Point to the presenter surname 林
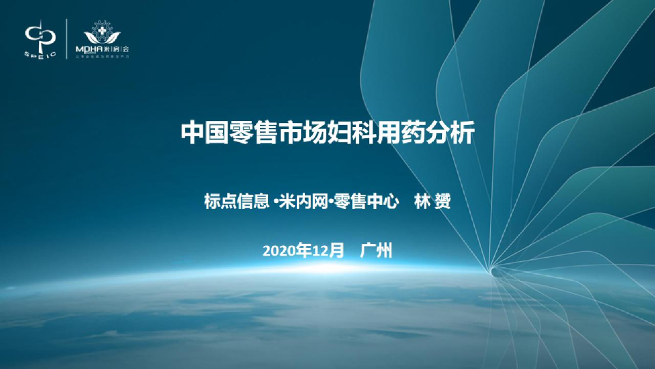coord(423,202)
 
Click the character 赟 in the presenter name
coord(443,202)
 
